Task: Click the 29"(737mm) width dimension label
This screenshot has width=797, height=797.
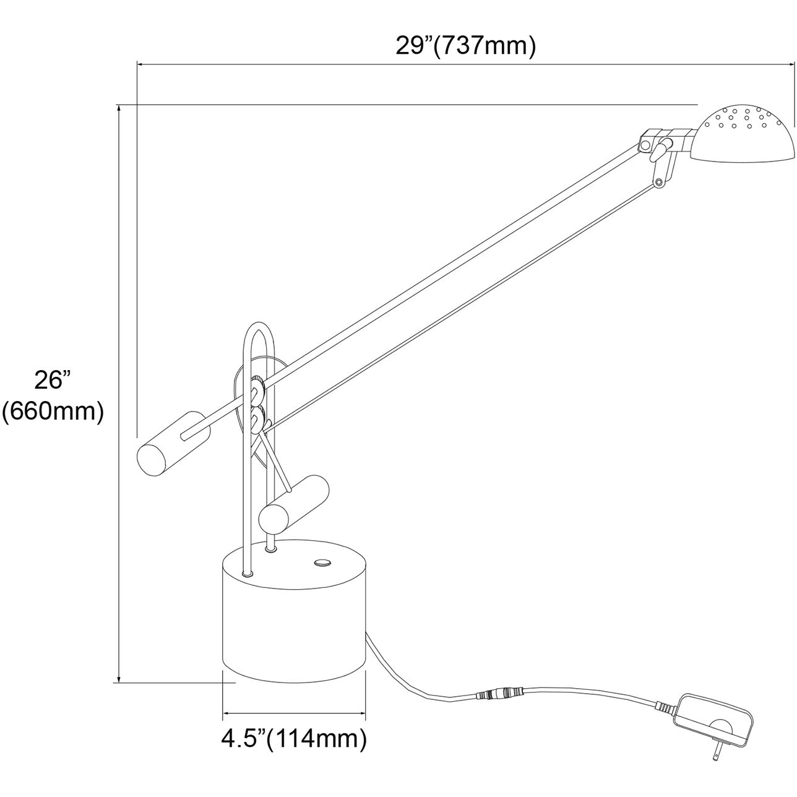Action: coord(465,46)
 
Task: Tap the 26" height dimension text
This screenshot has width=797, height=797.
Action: coord(53,380)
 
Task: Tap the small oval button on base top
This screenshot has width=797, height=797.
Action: coord(322,562)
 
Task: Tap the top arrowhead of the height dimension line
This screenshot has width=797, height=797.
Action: coord(118,108)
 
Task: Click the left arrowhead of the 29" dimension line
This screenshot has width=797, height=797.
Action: coord(140,64)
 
